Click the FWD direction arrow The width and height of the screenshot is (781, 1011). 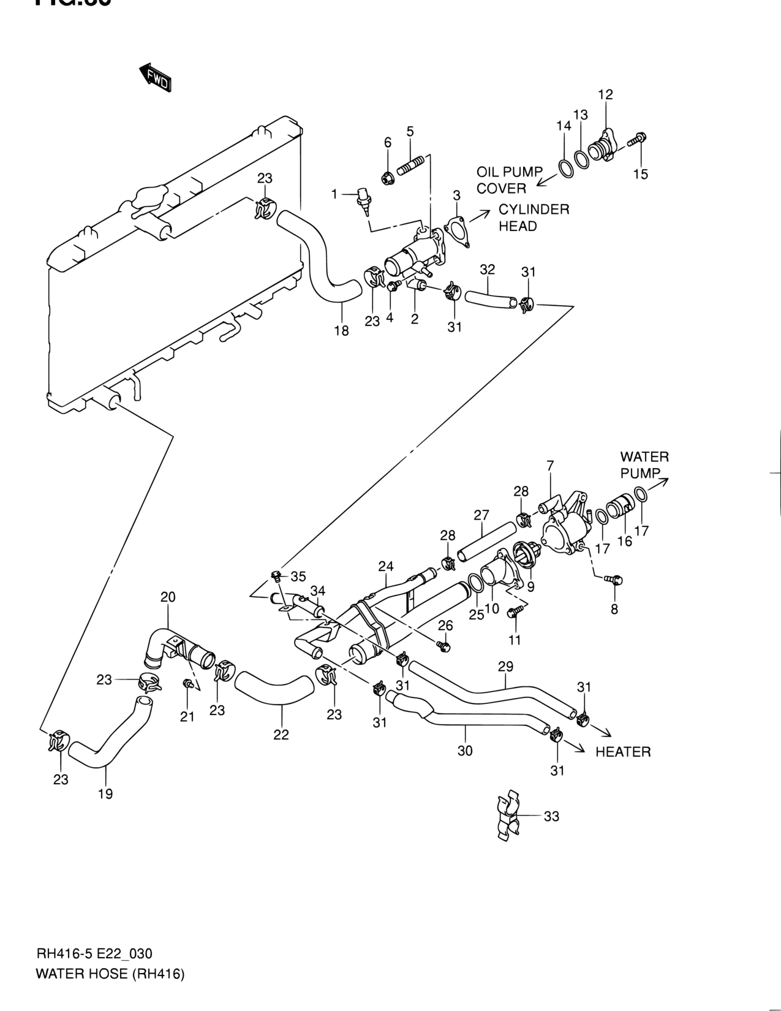pos(154,78)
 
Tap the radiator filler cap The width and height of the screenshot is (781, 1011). pos(148,202)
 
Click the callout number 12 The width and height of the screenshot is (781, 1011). pos(605,94)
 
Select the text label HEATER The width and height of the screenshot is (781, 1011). pos(623,752)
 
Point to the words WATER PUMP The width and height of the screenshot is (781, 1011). pos(643,465)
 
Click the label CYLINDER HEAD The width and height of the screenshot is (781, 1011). pos(534,218)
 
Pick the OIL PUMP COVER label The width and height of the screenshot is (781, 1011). pos(510,180)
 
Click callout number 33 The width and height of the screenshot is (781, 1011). pos(551,816)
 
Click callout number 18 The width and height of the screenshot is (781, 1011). pos(341,331)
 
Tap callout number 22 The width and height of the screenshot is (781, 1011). pos(281,734)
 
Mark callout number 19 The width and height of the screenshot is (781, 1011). pos(105,794)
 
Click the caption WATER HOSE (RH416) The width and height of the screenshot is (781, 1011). pos(110,974)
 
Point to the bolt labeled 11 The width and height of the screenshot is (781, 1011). pos(514,612)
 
